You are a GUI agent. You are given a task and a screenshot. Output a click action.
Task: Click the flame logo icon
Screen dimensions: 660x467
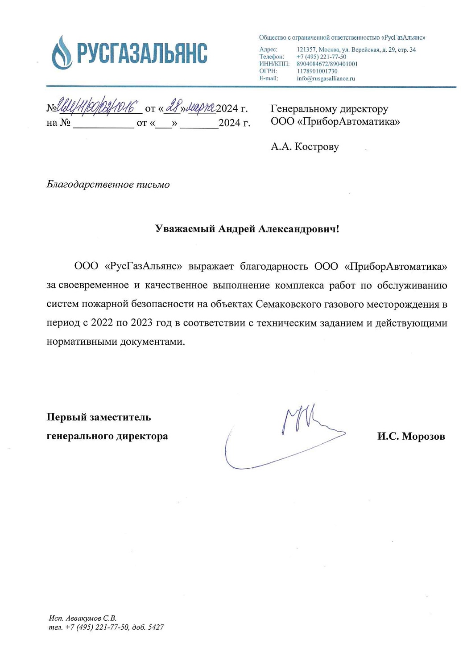[62, 53]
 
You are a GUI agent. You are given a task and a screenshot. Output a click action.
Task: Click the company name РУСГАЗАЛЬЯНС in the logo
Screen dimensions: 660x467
[142, 53]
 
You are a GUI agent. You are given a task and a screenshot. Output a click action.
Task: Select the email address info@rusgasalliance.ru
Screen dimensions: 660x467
[326, 78]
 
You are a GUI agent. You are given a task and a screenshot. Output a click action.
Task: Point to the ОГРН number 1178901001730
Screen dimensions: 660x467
[317, 71]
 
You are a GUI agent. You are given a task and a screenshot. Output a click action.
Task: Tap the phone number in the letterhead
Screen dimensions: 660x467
[321, 57]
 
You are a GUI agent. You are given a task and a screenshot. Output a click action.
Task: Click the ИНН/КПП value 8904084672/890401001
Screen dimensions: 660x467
[327, 64]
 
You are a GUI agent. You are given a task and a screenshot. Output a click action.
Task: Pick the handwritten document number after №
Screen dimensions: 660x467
[97, 106]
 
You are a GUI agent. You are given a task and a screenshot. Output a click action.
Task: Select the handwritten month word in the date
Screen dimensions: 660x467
[201, 107]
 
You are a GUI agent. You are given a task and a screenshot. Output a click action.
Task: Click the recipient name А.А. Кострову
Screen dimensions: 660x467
[305, 147]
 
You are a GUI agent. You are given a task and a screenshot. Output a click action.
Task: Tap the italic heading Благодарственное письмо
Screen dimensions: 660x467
[108, 185]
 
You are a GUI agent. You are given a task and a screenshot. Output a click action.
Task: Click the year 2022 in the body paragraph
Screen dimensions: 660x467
[102, 323]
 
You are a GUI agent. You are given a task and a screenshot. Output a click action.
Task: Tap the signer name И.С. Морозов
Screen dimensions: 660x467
[411, 436]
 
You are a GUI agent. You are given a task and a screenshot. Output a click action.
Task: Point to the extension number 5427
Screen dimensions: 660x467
[156, 627]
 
